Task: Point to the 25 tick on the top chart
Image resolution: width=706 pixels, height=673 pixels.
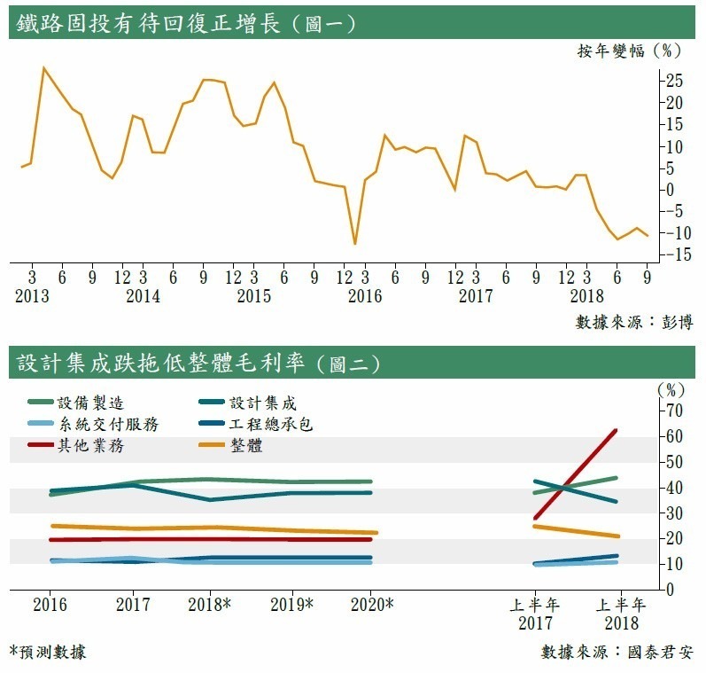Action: (674, 81)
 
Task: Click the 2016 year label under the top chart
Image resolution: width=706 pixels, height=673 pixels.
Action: (365, 296)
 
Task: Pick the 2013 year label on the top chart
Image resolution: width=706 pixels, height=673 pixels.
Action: (32, 296)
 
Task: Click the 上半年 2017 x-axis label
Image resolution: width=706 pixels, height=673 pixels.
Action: (535, 613)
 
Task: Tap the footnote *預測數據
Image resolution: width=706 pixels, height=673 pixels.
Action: (49, 652)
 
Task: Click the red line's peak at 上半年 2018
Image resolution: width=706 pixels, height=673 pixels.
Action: (616, 431)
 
